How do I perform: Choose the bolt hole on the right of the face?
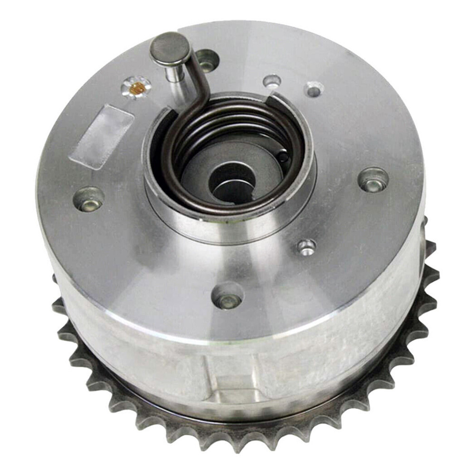[373, 180]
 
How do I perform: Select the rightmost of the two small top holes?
[314, 89]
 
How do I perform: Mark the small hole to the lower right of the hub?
[306, 246]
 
